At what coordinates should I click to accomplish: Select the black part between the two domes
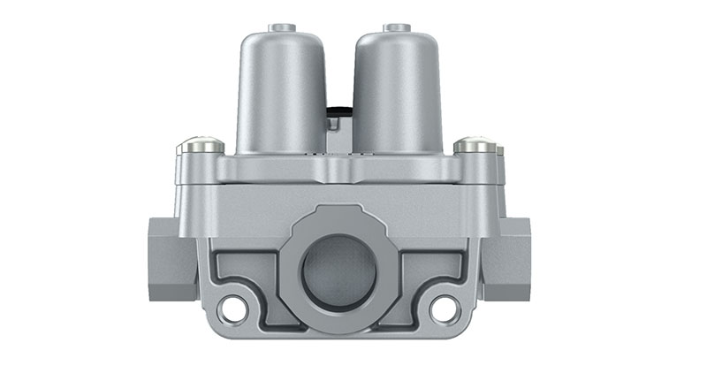[338, 113]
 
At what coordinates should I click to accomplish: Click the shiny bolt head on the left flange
[200, 145]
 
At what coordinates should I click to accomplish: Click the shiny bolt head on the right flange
[476, 145]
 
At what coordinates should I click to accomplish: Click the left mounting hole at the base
[234, 308]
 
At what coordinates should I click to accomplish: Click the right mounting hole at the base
[444, 308]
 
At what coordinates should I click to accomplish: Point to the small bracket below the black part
[334, 128]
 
